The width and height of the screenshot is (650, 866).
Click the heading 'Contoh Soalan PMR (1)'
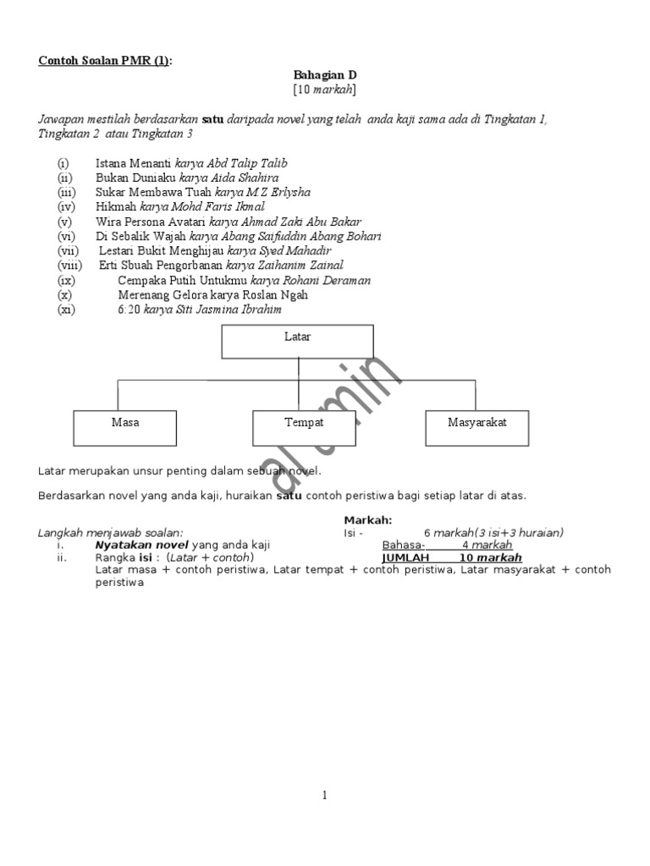coord(104,62)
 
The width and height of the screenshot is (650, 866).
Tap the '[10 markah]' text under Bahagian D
coord(325,89)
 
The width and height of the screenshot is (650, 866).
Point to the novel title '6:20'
coord(129,310)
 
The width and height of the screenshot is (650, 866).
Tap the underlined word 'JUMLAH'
coord(405,558)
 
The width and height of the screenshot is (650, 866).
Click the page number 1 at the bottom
coord(325,795)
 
